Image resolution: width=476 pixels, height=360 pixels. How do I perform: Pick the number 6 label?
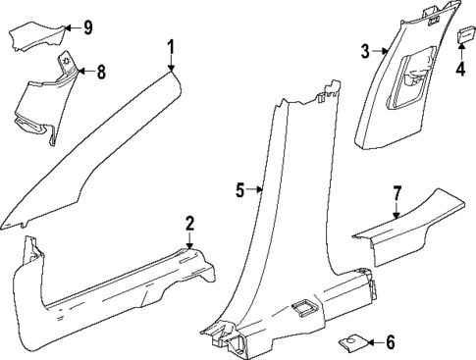point(390,342)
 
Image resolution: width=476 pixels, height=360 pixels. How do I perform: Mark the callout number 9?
point(87,27)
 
